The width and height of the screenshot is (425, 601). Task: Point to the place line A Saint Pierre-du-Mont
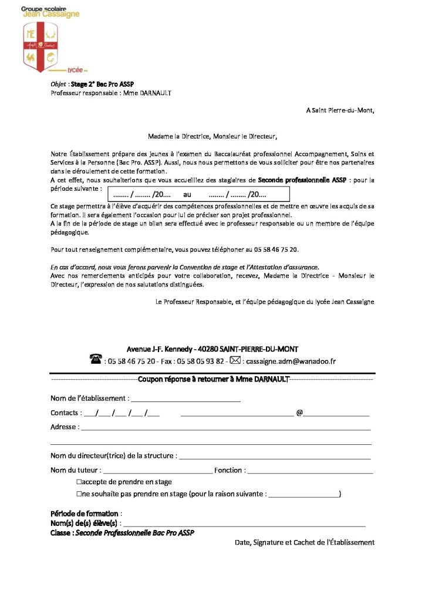(x=339, y=109)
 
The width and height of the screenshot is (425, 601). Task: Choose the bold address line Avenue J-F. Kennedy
(x=212, y=348)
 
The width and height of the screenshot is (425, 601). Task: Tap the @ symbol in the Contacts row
(x=299, y=413)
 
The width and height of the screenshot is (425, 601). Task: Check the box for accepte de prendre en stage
(x=79, y=482)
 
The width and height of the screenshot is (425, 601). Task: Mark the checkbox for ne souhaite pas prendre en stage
(x=79, y=494)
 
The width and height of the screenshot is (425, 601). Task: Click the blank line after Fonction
(x=309, y=470)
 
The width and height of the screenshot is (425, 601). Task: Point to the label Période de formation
(x=85, y=514)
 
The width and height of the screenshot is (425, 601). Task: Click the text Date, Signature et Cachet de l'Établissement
(x=304, y=542)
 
